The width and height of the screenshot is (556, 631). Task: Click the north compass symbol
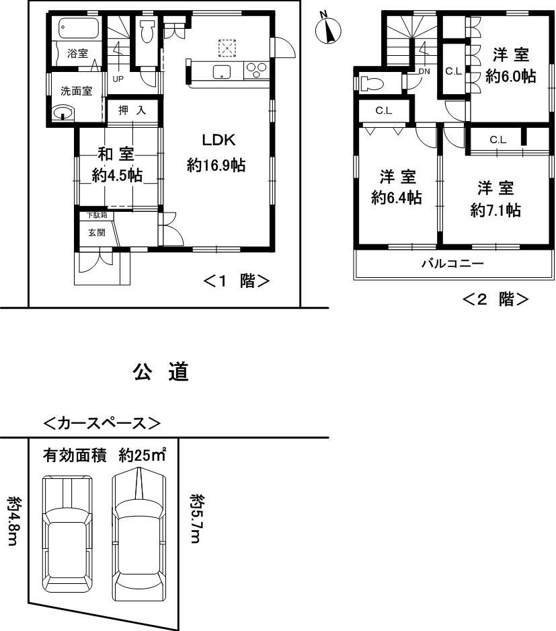click(x=328, y=29)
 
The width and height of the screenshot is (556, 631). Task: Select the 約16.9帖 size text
click(x=216, y=165)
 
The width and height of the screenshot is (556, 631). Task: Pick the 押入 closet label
click(x=132, y=110)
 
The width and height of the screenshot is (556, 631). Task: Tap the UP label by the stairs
click(x=118, y=78)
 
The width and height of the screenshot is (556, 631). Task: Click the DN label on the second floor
click(x=424, y=71)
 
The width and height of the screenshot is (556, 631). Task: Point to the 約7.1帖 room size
click(x=495, y=210)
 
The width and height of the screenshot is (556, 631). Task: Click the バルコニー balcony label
click(x=452, y=264)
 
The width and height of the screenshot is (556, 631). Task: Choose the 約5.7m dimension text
click(x=197, y=519)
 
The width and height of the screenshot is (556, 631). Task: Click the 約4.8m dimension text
click(x=14, y=521)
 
